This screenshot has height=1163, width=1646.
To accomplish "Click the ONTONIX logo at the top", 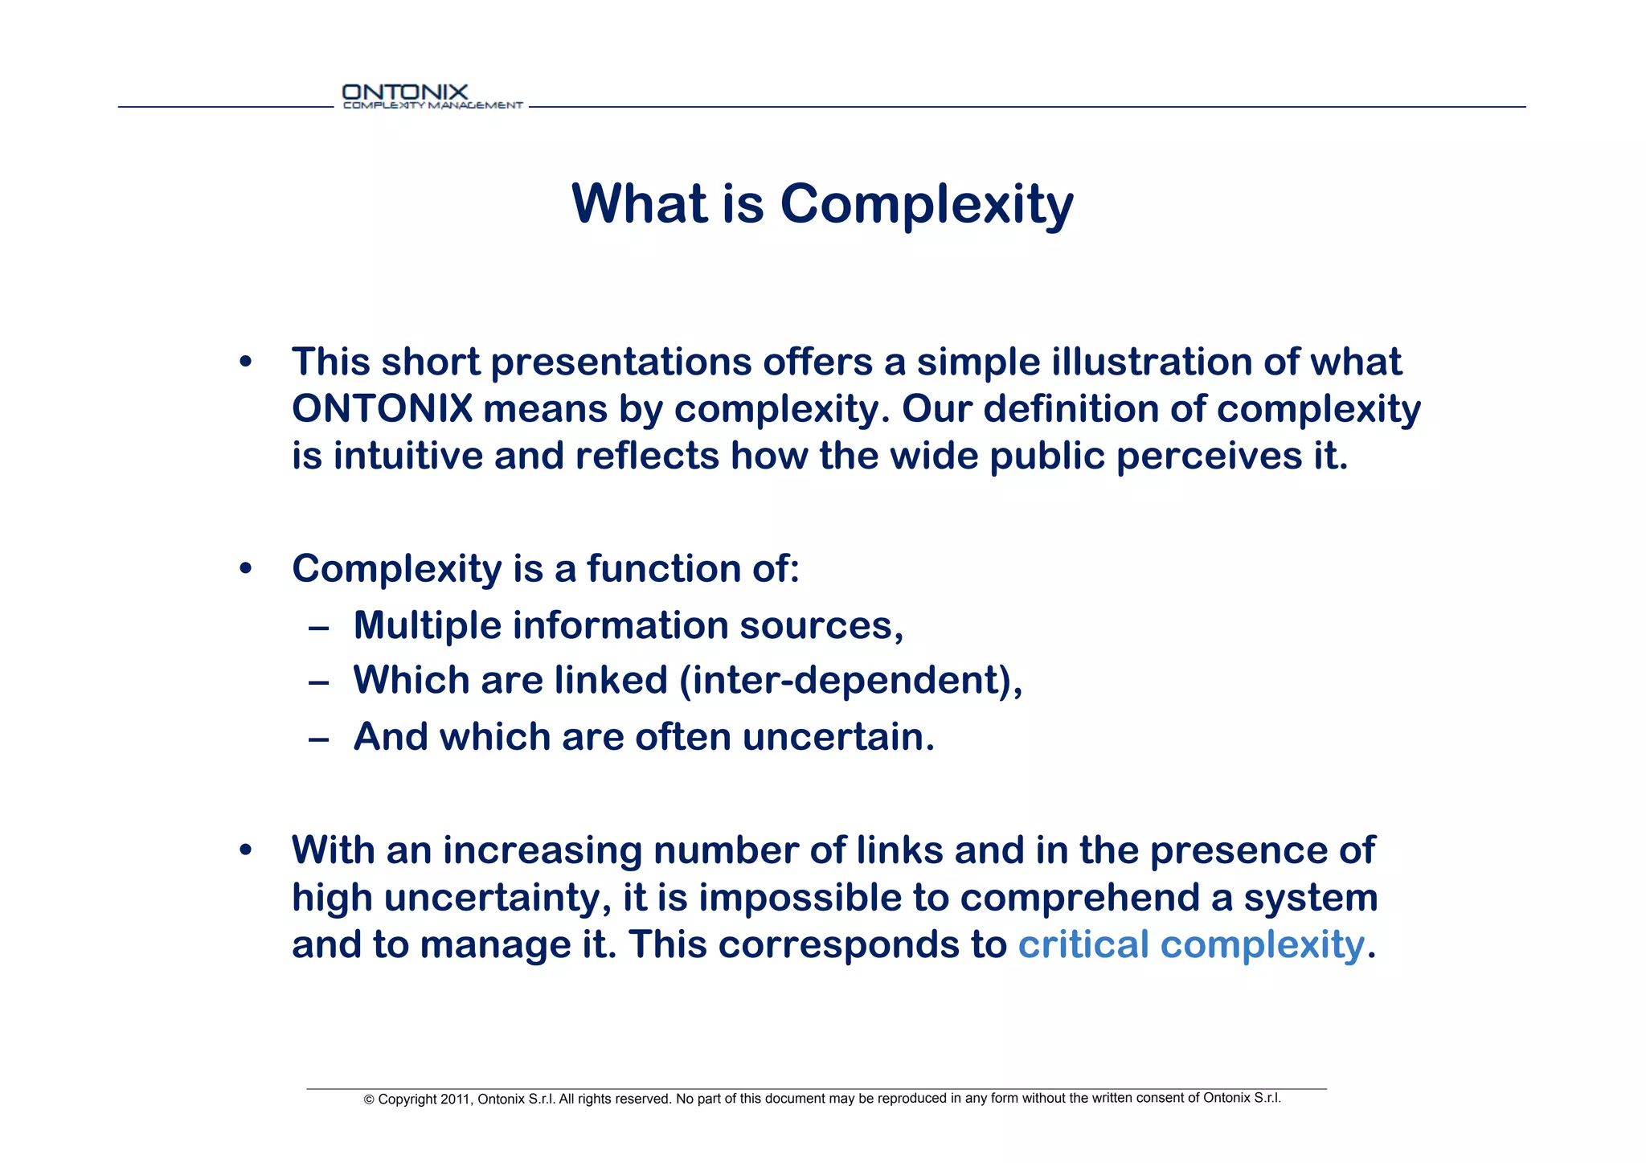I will tap(432, 96).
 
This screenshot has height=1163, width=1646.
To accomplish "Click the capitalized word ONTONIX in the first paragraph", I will tap(382, 409).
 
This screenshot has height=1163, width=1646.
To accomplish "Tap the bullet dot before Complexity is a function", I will tap(246, 569).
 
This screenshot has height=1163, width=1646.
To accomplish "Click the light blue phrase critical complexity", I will tap(1190, 944).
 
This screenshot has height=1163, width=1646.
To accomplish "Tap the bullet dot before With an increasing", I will tap(246, 850).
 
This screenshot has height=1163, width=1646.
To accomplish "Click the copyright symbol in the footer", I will tap(370, 1100).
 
